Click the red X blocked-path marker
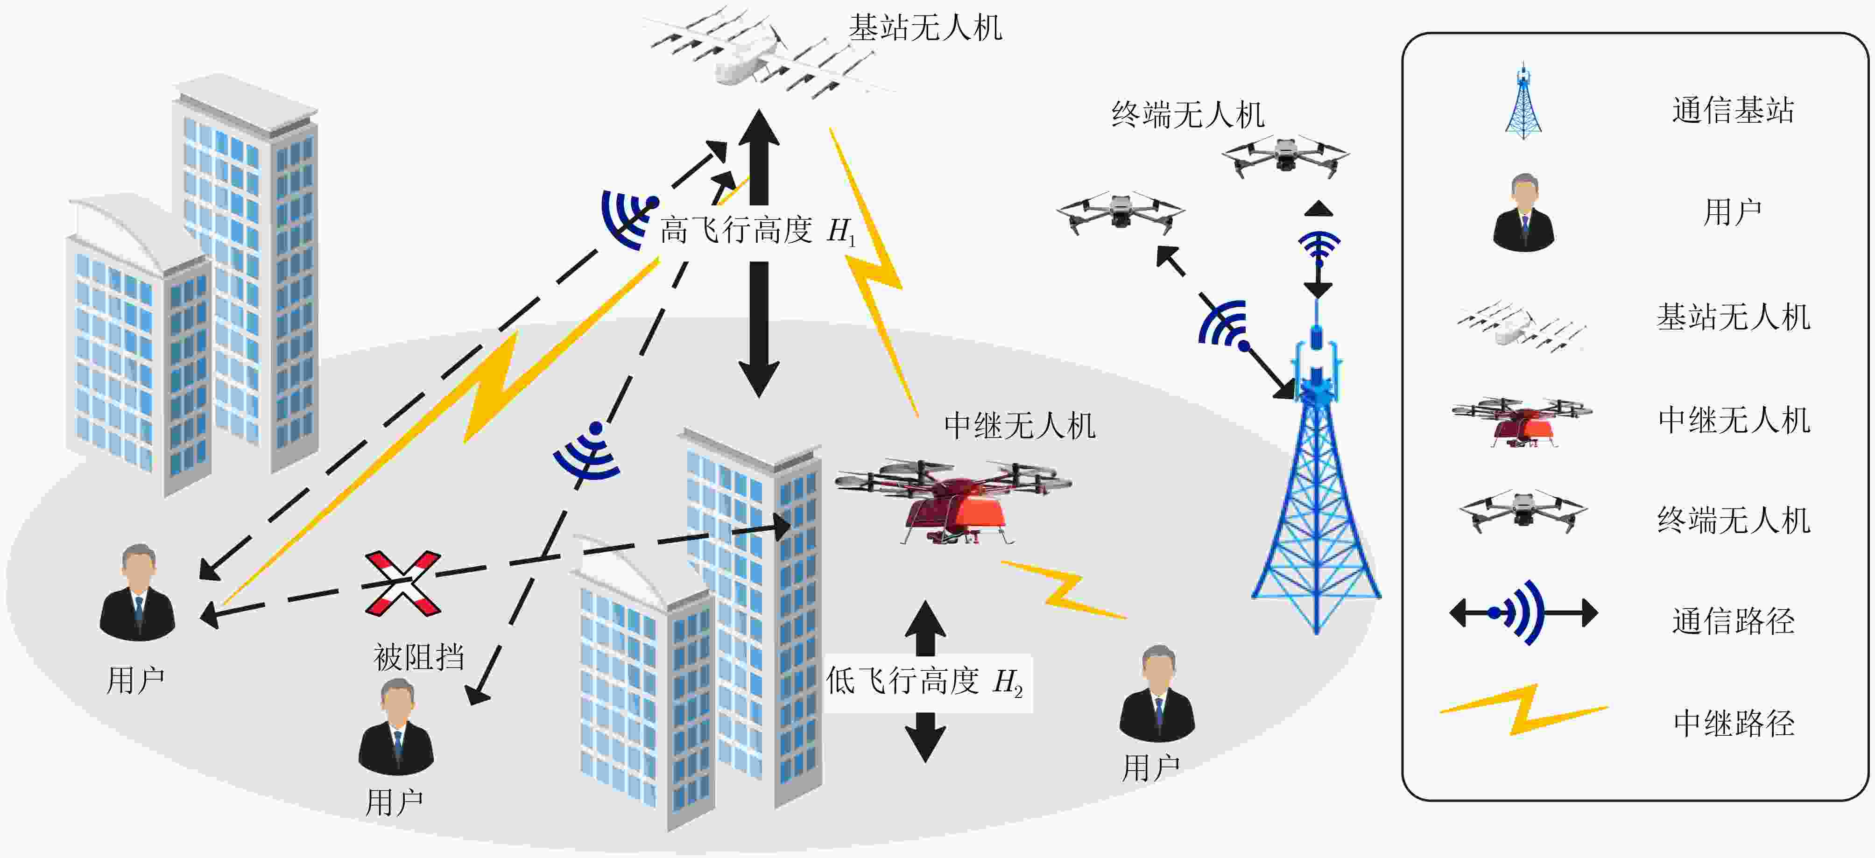click(402, 583)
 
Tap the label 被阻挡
click(419, 657)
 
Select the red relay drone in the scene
click(953, 501)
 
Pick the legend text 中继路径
click(1734, 723)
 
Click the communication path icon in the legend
click(1523, 613)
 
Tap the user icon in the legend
click(1523, 212)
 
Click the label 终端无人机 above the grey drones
click(1188, 115)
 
